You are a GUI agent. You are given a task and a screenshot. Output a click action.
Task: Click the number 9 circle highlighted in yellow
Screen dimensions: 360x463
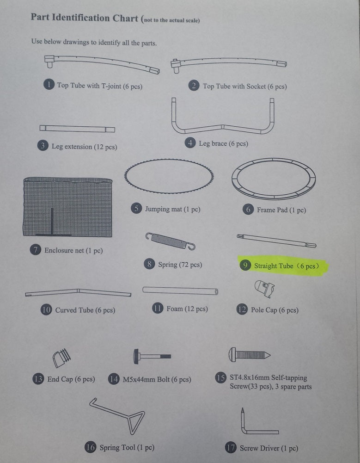[245, 265]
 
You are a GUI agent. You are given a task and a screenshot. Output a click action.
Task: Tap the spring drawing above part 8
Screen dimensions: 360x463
[170, 241]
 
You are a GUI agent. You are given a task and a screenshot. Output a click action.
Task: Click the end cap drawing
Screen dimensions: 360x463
[61, 358]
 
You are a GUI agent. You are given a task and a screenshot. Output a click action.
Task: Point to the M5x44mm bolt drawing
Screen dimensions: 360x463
[152, 357]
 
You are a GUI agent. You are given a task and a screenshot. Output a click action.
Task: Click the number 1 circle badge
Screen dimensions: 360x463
[49, 85]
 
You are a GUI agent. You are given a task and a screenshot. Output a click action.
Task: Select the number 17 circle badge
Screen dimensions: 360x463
[231, 447]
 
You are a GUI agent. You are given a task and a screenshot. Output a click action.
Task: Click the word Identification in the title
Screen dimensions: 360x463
[81, 18]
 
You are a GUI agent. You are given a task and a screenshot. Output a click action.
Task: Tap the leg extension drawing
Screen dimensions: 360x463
[77, 129]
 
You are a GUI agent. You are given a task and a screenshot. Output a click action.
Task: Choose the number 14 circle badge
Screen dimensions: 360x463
[114, 379]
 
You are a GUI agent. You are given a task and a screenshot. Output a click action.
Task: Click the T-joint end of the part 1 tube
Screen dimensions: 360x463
[49, 61]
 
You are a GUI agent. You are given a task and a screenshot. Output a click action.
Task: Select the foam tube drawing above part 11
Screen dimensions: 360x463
[180, 290]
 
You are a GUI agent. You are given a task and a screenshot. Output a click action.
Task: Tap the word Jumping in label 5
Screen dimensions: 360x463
[157, 210]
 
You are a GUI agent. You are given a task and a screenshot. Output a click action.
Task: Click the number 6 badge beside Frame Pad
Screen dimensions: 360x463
[248, 210]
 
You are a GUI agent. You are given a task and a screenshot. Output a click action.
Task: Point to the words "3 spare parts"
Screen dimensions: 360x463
[293, 387]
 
